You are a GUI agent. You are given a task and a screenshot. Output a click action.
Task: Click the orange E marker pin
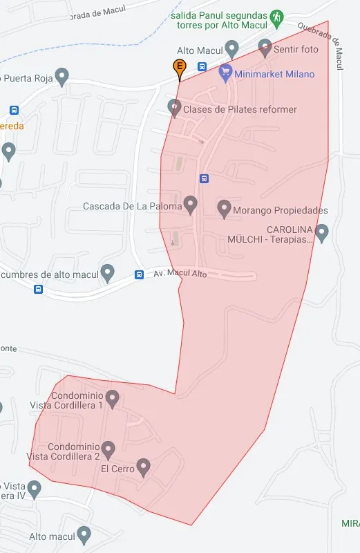(179, 68)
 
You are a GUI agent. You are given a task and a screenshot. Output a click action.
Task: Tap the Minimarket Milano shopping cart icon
(225, 71)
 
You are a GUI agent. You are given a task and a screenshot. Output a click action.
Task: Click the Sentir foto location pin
(265, 48)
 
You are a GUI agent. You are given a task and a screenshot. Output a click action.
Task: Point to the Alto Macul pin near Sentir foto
(232, 48)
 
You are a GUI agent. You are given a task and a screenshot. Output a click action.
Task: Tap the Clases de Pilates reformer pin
(174, 107)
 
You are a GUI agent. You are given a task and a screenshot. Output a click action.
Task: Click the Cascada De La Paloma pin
(191, 204)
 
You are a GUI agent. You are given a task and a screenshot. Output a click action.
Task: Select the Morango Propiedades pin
(224, 207)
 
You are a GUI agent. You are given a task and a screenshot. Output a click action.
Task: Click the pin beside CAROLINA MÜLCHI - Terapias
(321, 232)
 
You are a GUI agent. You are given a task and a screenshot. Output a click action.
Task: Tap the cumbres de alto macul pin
(107, 272)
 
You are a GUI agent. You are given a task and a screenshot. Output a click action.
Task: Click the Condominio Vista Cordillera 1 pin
(112, 398)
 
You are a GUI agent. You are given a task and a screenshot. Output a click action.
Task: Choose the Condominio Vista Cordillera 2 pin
(108, 449)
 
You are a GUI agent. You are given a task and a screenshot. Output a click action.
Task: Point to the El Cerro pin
(144, 467)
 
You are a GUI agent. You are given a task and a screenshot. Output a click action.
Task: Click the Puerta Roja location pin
(62, 76)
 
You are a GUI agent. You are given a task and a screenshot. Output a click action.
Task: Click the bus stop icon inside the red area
(204, 178)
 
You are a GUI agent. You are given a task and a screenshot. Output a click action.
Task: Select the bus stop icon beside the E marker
(202, 66)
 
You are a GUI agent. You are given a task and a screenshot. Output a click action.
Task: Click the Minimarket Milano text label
(274, 74)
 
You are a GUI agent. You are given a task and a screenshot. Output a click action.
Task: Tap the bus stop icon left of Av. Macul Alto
(139, 274)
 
